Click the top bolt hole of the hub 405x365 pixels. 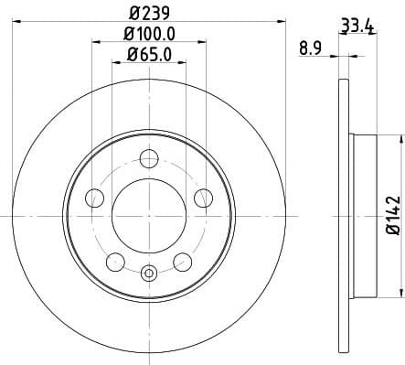pyautogui.click(x=149, y=158)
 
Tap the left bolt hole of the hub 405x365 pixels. pyautogui.click(x=93, y=198)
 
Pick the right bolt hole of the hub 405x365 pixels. pyautogui.click(x=204, y=198)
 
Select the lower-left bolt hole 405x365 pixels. pyautogui.click(x=115, y=263)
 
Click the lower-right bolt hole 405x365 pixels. pyautogui.click(x=183, y=263)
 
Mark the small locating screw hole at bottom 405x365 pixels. pyautogui.click(x=149, y=271)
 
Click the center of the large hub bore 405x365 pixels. pyautogui.click(x=149, y=216)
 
